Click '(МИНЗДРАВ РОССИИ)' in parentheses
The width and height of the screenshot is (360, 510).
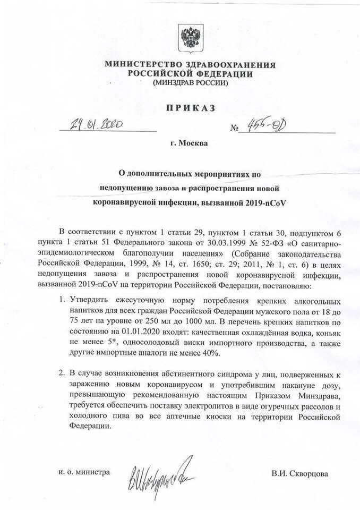click(x=190, y=83)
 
